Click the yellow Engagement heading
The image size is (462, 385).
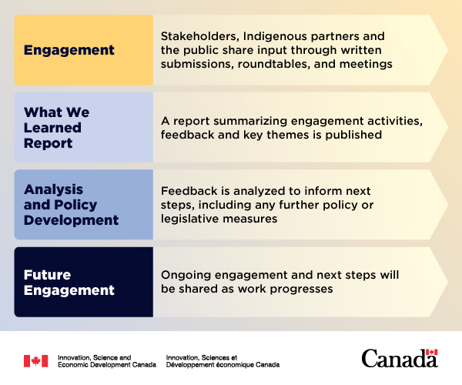[69, 50]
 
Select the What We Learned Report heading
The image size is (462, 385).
[56, 128]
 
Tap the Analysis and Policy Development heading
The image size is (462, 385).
[71, 205]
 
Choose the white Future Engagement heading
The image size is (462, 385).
[69, 283]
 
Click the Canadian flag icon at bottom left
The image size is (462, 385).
[36, 361]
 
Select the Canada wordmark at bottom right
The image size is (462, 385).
[400, 358]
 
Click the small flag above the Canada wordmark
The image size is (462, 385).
[432, 353]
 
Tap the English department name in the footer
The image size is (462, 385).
[107, 361]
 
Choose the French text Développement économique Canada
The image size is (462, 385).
[223, 365]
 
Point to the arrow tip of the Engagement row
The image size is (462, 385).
[448, 50]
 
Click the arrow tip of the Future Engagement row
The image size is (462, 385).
[448, 282]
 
